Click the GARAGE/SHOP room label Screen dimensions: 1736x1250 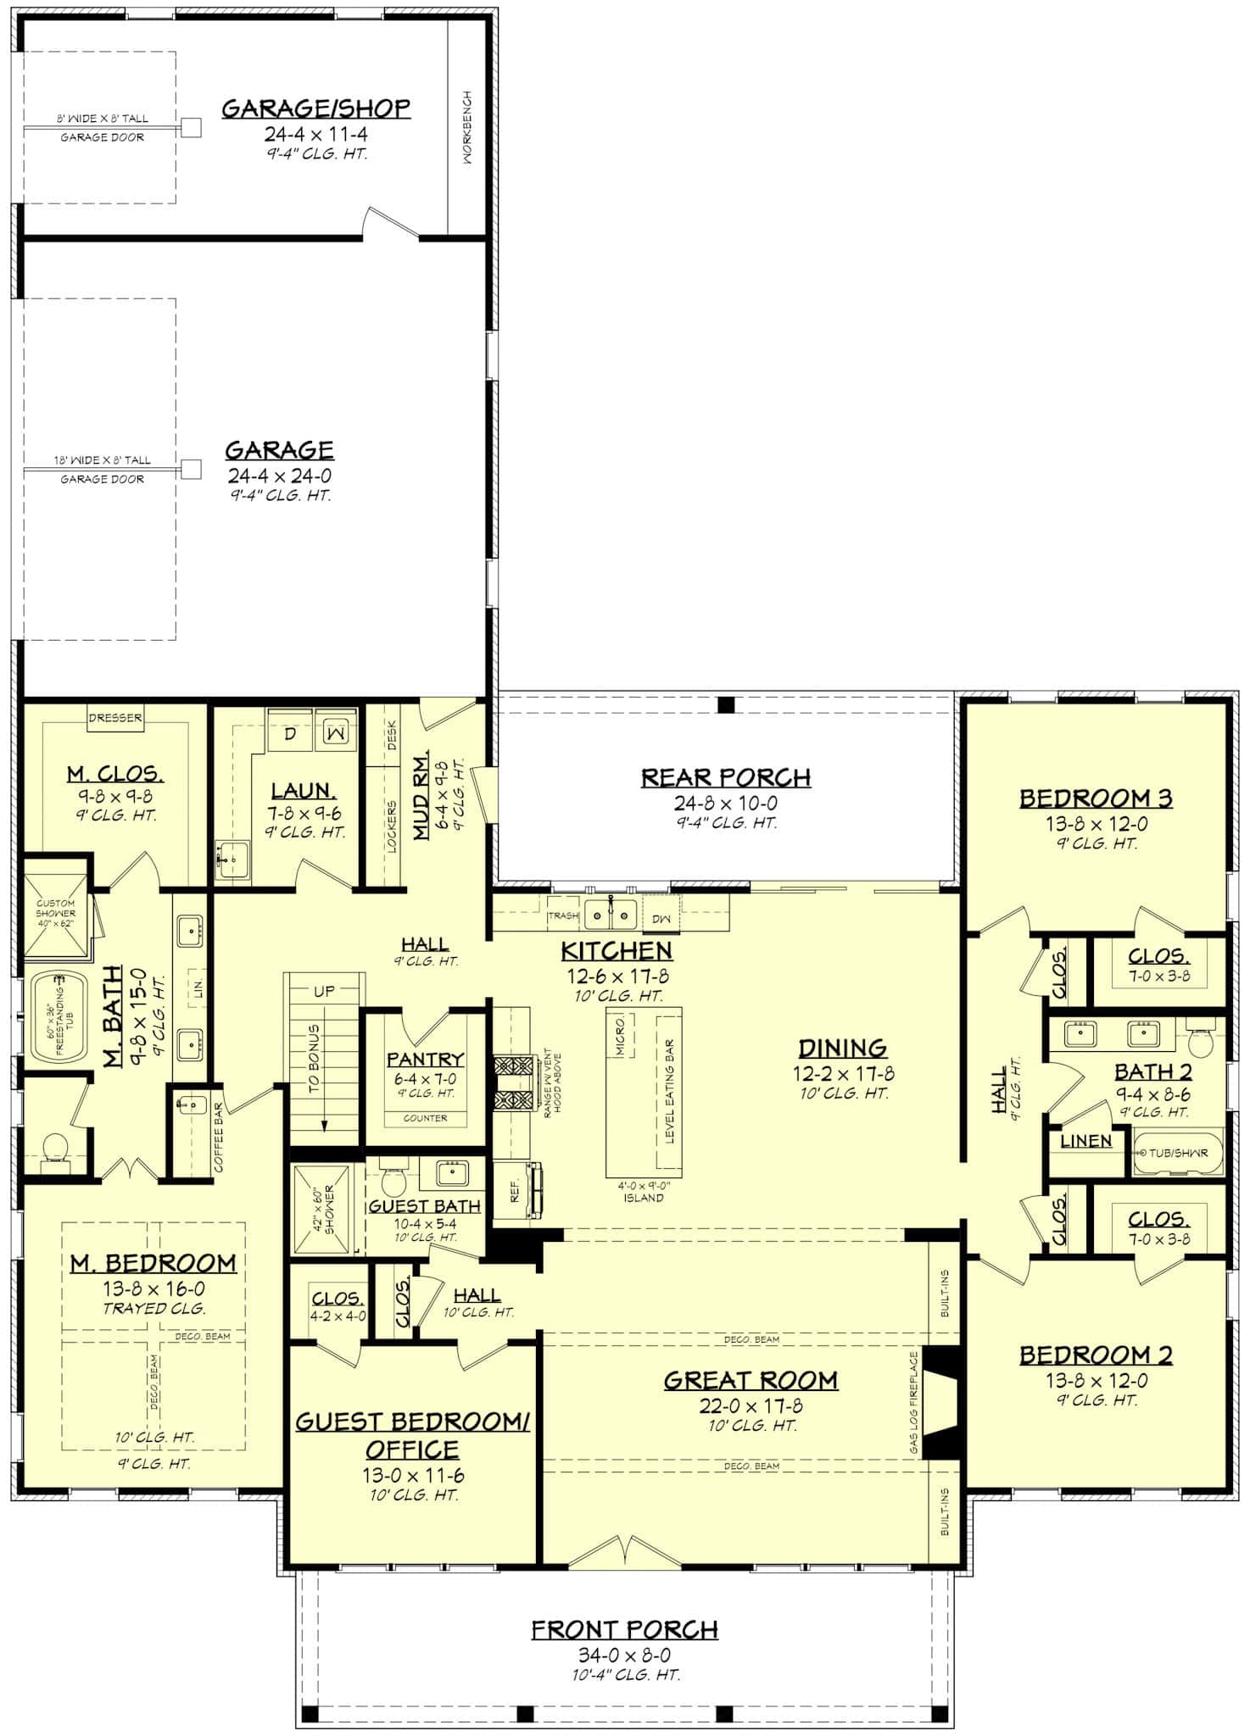[315, 108]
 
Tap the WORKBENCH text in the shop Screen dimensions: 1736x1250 [467, 127]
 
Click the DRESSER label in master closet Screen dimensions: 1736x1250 [115, 718]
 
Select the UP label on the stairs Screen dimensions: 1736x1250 [324, 990]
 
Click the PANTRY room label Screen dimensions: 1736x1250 [425, 1059]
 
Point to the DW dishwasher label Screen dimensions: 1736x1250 [661, 919]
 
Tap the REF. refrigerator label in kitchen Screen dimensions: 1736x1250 [514, 1192]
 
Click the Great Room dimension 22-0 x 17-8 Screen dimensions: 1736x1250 [751, 1406]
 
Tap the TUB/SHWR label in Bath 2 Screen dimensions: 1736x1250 [1179, 1153]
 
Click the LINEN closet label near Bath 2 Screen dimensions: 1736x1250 [1085, 1141]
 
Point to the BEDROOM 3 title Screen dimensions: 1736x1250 [1096, 798]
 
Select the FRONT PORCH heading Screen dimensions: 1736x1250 [625, 1629]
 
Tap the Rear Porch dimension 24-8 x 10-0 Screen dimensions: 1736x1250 [726, 802]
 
